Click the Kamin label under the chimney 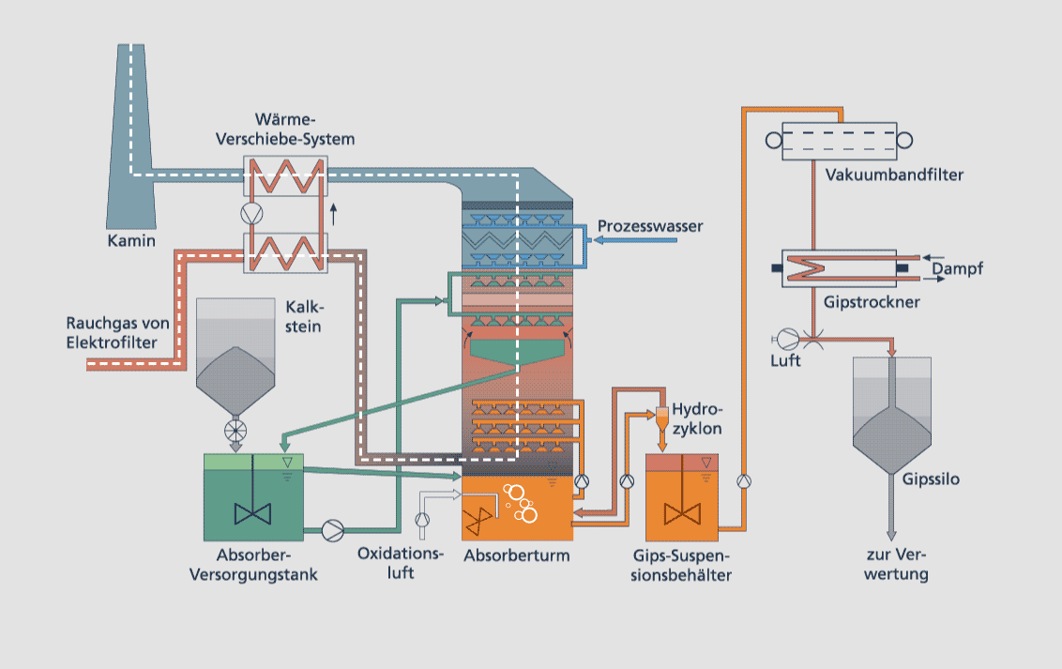tap(130, 241)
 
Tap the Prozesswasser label tap(650, 226)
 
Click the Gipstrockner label tap(871, 303)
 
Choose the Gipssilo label tap(931, 479)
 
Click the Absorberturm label tap(516, 555)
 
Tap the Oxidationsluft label tap(400, 562)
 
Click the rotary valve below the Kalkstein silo tap(235, 432)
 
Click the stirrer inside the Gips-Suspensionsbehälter tap(682, 513)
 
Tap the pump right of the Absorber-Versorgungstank tap(332, 531)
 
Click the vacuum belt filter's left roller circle tap(774, 141)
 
